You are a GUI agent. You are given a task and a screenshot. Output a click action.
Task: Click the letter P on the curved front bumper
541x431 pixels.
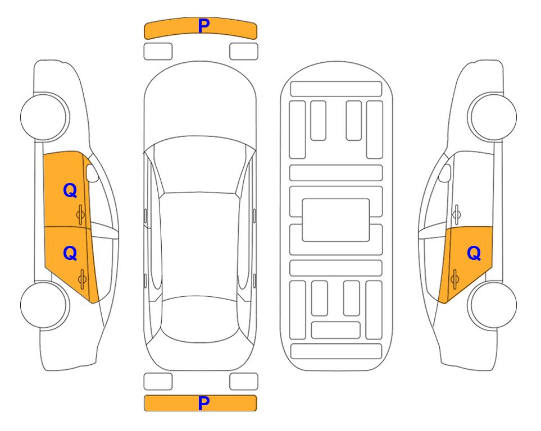[x=204, y=26]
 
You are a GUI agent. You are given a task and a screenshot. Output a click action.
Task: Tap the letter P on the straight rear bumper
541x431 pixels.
[x=204, y=403]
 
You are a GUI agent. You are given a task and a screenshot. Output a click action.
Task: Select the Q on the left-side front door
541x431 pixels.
[x=70, y=190]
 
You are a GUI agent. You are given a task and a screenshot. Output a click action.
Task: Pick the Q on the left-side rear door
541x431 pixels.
[x=70, y=254]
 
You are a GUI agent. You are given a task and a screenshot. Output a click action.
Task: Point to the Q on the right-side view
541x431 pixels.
[x=474, y=254]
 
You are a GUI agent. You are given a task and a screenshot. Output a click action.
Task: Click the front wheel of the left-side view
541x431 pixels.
[x=44, y=117]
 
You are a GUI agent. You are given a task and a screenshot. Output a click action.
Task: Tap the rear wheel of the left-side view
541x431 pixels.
[x=44, y=305]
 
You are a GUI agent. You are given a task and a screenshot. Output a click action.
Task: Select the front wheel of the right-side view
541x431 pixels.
[x=492, y=117]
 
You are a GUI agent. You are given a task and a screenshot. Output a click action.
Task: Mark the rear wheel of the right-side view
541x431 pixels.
[x=492, y=305]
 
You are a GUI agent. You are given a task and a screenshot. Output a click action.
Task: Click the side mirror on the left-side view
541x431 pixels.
[x=92, y=173]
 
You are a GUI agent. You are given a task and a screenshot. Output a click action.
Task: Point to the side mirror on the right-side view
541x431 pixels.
[x=445, y=173]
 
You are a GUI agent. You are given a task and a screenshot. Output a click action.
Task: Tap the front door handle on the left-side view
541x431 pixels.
[x=81, y=214]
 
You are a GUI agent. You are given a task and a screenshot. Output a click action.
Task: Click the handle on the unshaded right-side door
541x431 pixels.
[x=456, y=214]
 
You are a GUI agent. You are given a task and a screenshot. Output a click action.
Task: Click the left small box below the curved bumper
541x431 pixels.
[x=158, y=52]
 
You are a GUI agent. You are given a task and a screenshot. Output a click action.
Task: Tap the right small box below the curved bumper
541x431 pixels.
[x=244, y=52]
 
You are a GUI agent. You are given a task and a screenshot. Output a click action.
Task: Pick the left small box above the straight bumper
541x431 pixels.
[x=158, y=382]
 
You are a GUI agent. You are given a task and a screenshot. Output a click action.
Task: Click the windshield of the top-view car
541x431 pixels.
[x=200, y=165]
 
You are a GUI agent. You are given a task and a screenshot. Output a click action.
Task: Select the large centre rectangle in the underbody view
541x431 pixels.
[x=336, y=220]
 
